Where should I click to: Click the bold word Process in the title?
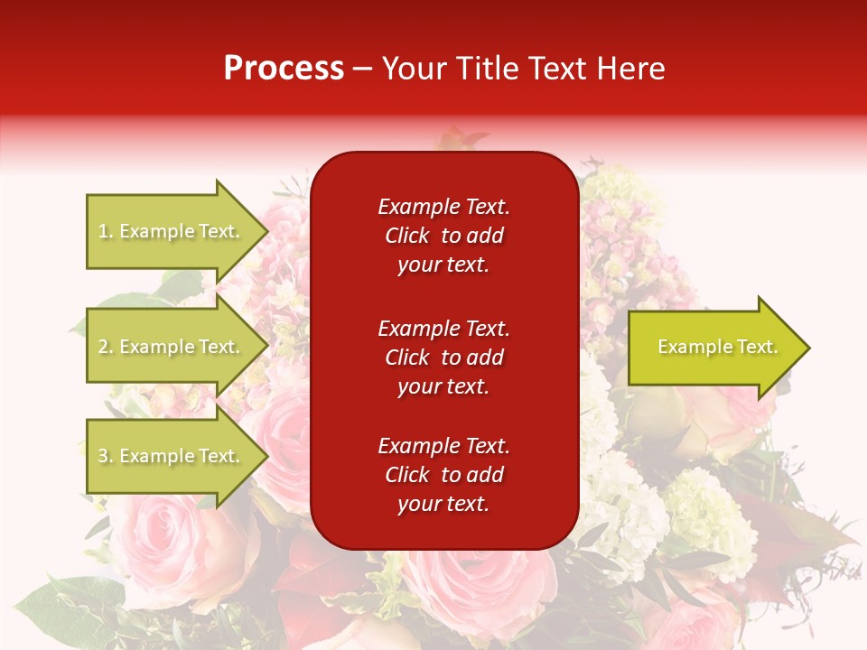pyautogui.click(x=284, y=69)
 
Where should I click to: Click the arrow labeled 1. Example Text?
pyautogui.click(x=169, y=231)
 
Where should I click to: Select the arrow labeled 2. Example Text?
pyautogui.click(x=169, y=347)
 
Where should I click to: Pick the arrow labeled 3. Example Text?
pyautogui.click(x=169, y=456)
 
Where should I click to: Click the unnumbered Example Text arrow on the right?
pyautogui.click(x=717, y=347)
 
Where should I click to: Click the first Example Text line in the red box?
pyautogui.click(x=443, y=207)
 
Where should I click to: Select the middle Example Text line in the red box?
pyautogui.click(x=443, y=329)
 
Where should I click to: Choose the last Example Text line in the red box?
pyautogui.click(x=443, y=446)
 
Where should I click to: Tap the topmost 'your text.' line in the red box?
pyautogui.click(x=443, y=265)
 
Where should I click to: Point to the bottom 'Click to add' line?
pyautogui.click(x=443, y=475)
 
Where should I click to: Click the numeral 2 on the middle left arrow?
pyautogui.click(x=103, y=347)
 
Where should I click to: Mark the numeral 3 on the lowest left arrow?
pyautogui.click(x=103, y=456)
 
